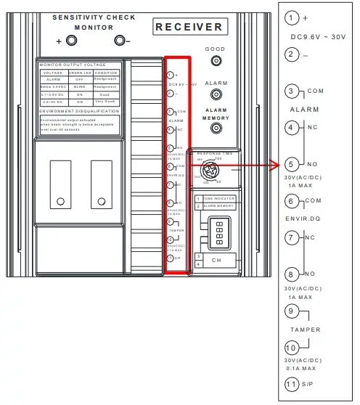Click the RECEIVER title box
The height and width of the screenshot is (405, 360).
tap(188, 27)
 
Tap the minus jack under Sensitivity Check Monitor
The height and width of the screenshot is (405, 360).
tap(120, 40)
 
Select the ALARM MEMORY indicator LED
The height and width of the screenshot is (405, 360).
tap(215, 129)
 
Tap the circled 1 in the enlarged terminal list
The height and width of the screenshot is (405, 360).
tap(292, 18)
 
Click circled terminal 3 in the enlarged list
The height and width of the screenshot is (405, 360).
tap(292, 91)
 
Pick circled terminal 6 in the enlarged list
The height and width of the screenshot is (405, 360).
tap(292, 201)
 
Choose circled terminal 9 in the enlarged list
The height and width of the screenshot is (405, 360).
tap(292, 311)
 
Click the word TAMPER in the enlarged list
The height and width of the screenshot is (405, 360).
tap(305, 329)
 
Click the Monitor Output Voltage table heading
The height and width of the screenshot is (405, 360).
tap(76, 66)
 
